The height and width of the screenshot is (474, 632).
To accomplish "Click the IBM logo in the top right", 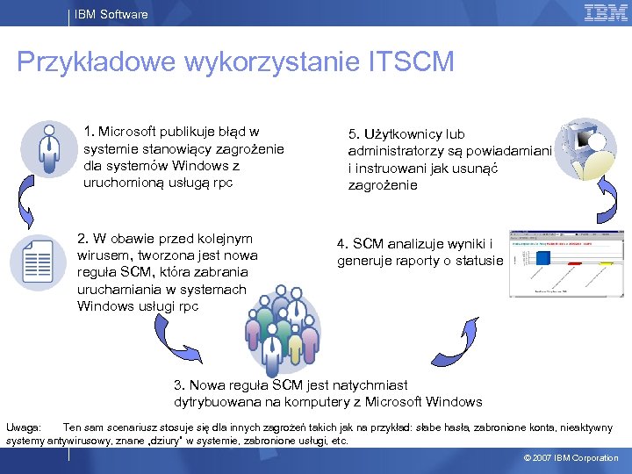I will pyautogui.click(x=606, y=12).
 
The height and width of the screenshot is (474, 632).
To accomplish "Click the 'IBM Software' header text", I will pyautogui.click(x=111, y=14).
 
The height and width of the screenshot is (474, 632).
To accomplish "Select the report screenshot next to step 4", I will pyautogui.click(x=565, y=263).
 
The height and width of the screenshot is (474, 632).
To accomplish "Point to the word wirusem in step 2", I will pyautogui.click(x=102, y=255).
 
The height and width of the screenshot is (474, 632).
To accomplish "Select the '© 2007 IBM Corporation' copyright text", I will pyautogui.click(x=571, y=458).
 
